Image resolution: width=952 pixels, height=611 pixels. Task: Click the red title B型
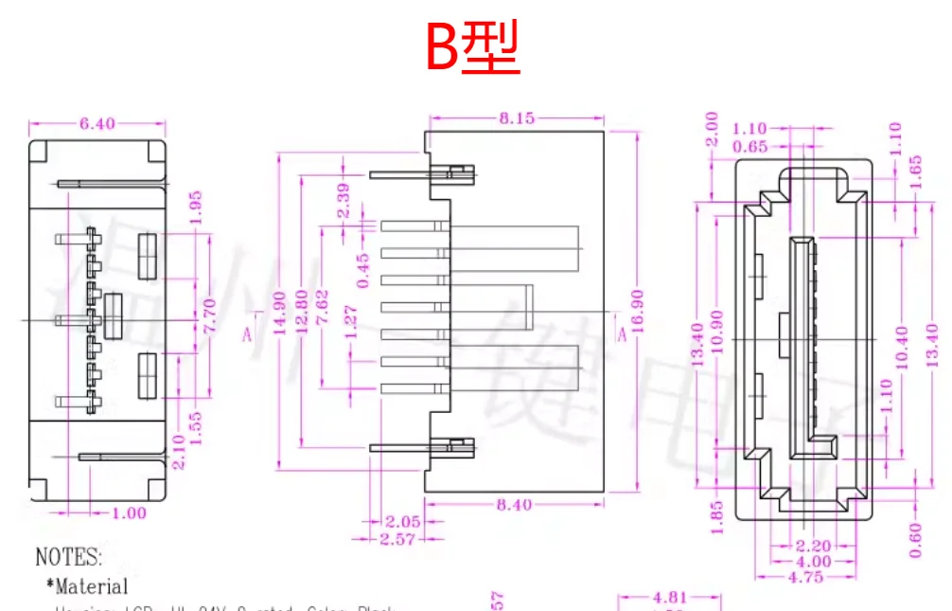[x=472, y=49]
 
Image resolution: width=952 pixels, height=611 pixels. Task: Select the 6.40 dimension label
[x=97, y=124]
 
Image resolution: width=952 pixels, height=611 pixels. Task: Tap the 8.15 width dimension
[x=517, y=118]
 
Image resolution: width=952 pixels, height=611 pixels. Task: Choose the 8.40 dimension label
[x=514, y=505]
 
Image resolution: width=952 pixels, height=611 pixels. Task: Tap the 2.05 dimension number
[x=402, y=522]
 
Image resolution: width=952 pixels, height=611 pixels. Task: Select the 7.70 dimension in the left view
[x=210, y=315]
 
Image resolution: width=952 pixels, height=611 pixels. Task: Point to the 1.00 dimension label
[x=129, y=513]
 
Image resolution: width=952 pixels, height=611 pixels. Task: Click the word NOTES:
[x=69, y=557]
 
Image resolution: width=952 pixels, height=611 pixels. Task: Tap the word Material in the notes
[x=92, y=587]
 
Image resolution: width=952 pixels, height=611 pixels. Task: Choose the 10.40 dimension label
[x=901, y=347]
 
